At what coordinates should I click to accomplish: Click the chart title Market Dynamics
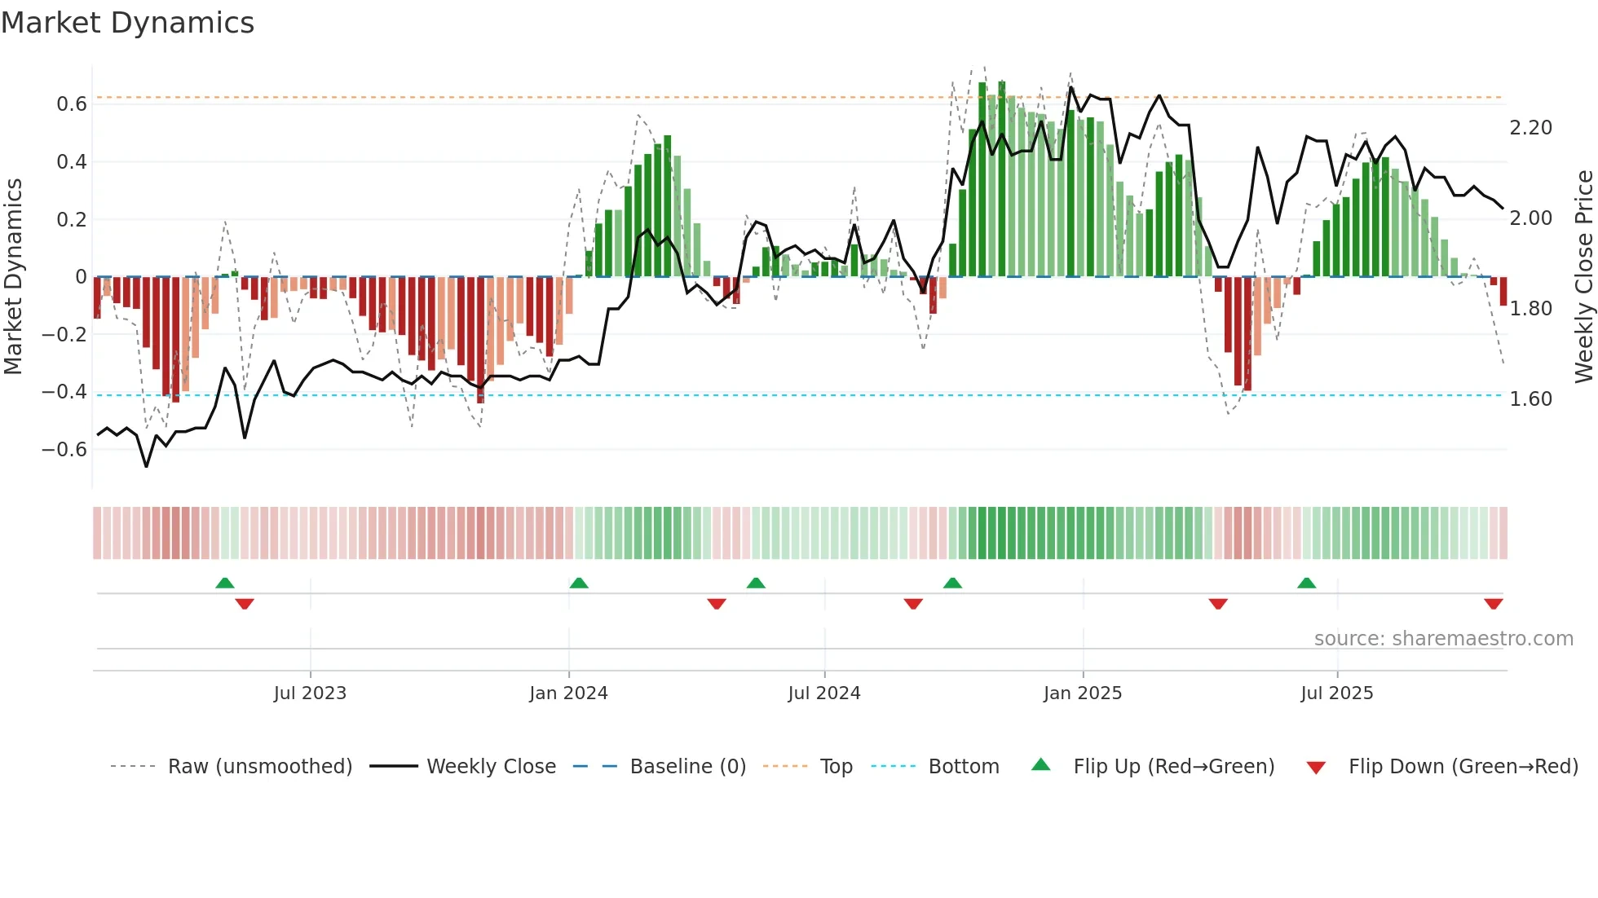tap(128, 23)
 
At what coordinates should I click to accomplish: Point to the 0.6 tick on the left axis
tap(72, 104)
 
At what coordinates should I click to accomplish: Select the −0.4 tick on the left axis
tap(64, 392)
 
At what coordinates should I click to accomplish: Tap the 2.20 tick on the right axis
tap(1530, 128)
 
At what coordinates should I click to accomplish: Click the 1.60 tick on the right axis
tap(1530, 399)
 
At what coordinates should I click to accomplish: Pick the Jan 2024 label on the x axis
tap(568, 693)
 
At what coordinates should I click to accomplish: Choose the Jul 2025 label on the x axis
tap(1336, 693)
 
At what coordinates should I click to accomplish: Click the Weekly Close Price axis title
tap(1583, 276)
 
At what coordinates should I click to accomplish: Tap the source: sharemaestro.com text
tap(1443, 639)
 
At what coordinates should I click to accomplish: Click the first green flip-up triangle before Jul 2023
tap(225, 583)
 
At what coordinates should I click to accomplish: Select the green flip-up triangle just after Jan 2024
tap(579, 583)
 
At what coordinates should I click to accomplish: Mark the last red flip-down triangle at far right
tap(1493, 604)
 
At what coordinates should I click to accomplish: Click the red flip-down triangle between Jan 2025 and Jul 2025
tap(1218, 604)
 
